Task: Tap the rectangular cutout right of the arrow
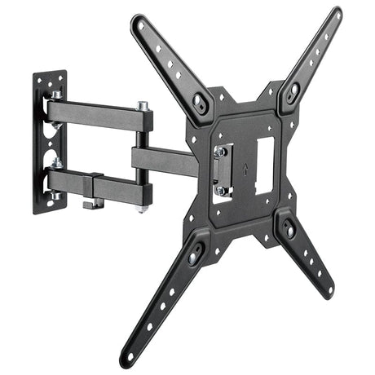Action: (x=264, y=165)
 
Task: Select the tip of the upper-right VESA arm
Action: (x=335, y=13)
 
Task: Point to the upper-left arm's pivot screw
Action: (x=199, y=102)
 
